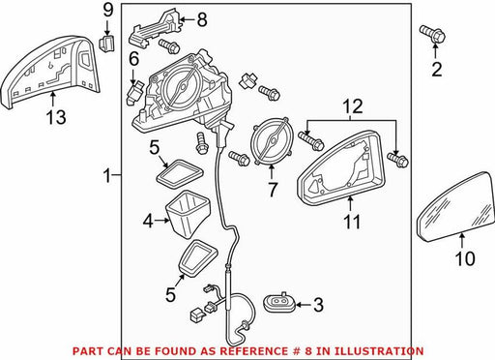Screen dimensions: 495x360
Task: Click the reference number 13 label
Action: click(x=56, y=116)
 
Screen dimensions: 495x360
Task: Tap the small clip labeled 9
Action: click(x=107, y=43)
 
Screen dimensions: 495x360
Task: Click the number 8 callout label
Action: click(x=202, y=19)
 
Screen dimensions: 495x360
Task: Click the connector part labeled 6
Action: click(x=134, y=93)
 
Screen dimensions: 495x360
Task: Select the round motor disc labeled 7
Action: click(x=272, y=141)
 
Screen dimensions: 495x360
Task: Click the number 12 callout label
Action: click(x=352, y=106)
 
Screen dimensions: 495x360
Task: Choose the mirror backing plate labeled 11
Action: click(x=341, y=167)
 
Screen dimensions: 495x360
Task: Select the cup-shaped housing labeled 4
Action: click(x=187, y=214)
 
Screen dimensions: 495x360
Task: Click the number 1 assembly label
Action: click(x=107, y=176)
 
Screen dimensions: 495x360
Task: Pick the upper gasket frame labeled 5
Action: click(x=180, y=173)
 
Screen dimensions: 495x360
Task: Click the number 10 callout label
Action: click(x=465, y=258)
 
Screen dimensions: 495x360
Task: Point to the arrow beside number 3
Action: click(x=303, y=304)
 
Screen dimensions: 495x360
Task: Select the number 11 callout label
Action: click(x=352, y=222)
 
